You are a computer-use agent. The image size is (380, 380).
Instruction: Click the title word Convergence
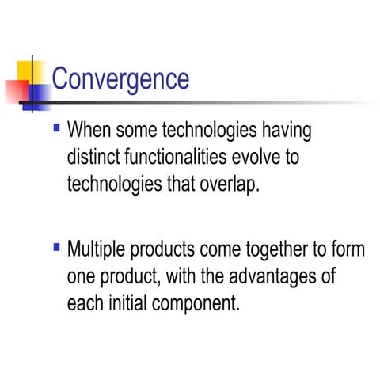120,79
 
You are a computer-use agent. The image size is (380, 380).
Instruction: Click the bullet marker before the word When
55,127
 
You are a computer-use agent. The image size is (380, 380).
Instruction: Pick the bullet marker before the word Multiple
55,249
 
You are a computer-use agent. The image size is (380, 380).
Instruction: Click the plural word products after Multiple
163,253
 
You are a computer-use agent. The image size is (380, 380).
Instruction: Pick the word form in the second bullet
349,251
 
